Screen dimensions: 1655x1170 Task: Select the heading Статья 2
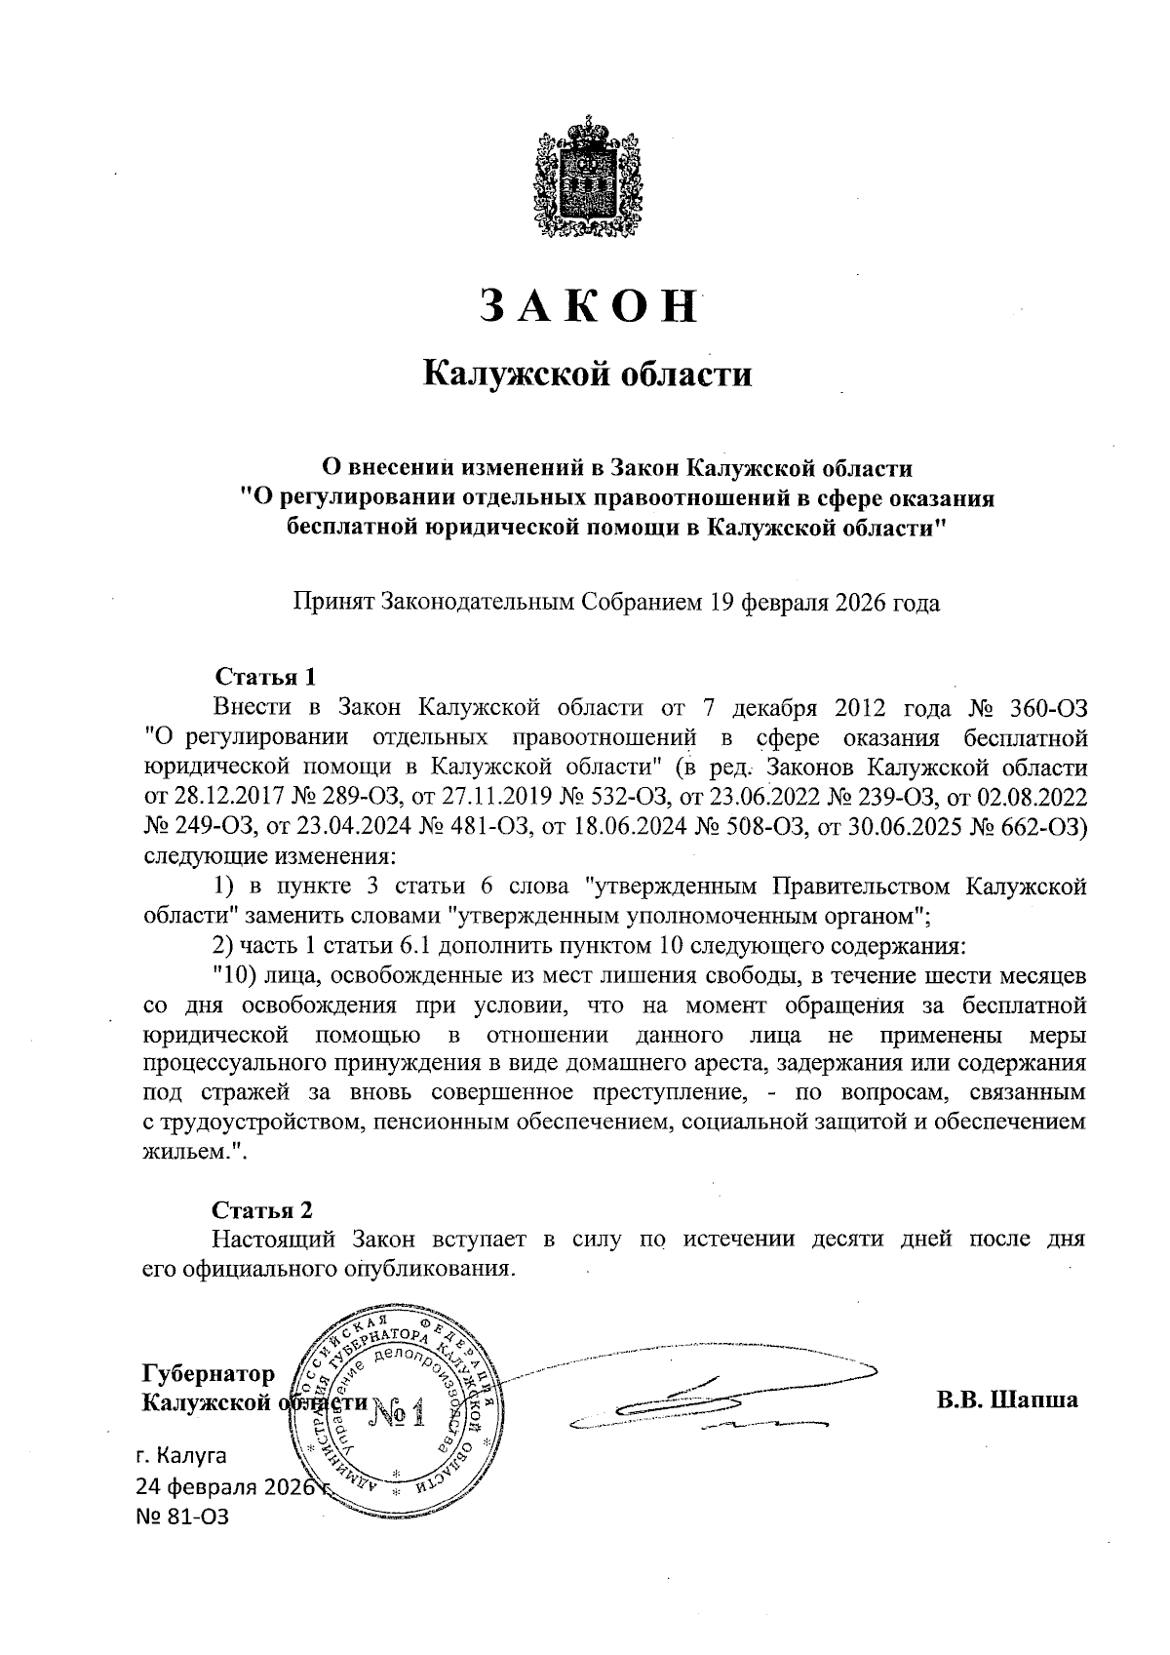(263, 1210)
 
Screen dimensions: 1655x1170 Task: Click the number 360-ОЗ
(1042, 706)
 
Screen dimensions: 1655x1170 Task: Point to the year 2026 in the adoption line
(863, 602)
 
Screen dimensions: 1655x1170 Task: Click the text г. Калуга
(181, 1456)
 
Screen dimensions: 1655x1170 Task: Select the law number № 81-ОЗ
(185, 1517)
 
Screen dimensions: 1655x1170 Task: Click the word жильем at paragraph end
(190, 1152)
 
